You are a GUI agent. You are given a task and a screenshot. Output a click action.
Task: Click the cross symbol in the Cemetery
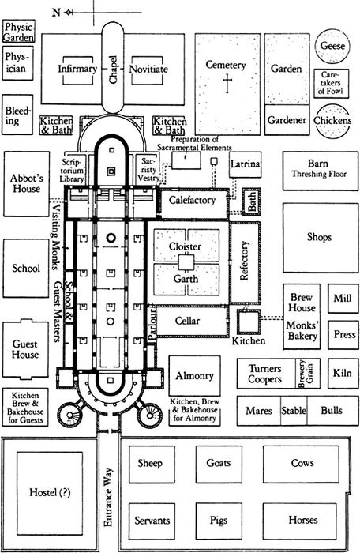(227, 83)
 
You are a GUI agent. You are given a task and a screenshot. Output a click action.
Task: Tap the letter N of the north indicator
(56, 13)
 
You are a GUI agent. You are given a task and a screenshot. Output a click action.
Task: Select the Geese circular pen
(332, 46)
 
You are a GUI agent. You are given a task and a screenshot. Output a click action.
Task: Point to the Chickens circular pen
(332, 121)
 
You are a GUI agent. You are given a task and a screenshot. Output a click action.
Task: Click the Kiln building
(343, 374)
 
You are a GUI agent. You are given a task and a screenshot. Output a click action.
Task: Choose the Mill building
(343, 299)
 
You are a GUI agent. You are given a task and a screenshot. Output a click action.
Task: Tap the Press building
(343, 335)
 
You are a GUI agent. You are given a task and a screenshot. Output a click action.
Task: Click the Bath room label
(252, 201)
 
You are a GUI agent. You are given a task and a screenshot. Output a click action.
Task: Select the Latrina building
(245, 164)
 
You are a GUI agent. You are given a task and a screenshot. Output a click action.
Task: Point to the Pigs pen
(219, 521)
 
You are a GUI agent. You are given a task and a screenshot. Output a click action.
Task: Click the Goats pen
(219, 465)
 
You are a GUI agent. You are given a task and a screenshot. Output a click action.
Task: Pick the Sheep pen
(152, 465)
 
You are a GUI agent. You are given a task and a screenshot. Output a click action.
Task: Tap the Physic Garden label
(19, 32)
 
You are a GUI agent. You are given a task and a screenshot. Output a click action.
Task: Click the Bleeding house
(17, 115)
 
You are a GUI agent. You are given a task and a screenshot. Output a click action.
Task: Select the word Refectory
(244, 261)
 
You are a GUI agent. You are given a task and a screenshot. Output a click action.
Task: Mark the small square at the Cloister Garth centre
(186, 263)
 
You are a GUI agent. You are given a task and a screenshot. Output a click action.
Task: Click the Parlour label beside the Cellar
(152, 325)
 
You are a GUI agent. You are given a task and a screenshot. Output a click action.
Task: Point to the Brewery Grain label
(306, 374)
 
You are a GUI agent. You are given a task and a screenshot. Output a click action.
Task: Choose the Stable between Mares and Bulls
(294, 411)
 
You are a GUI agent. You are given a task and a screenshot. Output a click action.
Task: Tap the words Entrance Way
(108, 497)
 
